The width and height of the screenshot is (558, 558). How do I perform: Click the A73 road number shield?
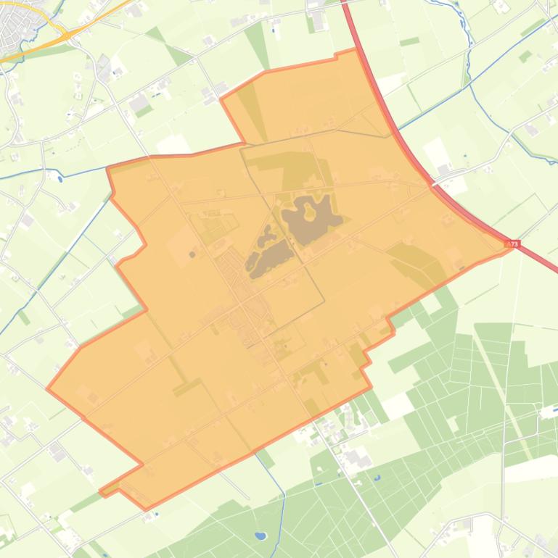coord(514,244)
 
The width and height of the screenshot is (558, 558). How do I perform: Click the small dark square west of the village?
coord(192,254)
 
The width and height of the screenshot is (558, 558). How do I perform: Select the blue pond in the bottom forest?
coord(260,537)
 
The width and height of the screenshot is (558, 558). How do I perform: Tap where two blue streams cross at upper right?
coord(469,85)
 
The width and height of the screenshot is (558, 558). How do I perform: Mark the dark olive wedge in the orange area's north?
coord(248,109)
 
